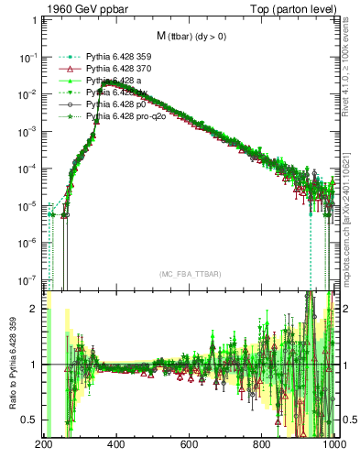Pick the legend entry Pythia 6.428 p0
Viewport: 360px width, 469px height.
click(x=111, y=105)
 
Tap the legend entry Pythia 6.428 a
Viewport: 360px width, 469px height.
click(x=109, y=81)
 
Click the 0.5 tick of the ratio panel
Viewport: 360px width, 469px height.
click(x=31, y=420)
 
